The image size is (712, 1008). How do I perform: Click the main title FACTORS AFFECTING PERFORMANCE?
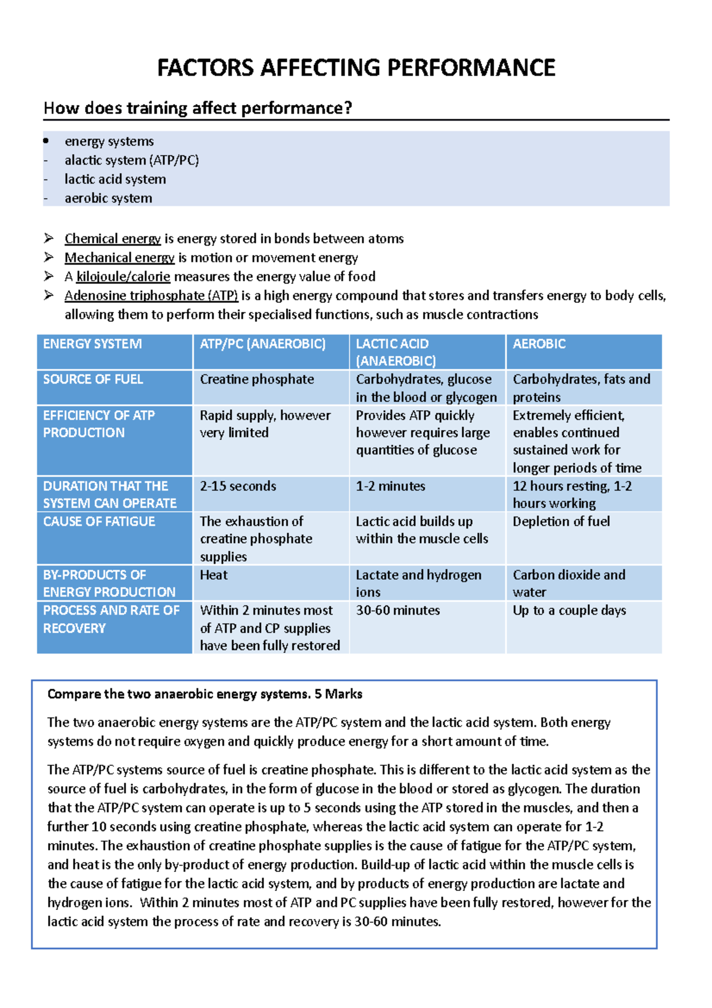tap(356, 68)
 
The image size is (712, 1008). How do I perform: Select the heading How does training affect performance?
tap(198, 108)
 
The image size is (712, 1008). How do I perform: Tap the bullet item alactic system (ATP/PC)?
tap(132, 160)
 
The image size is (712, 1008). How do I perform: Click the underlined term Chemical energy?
tap(113, 239)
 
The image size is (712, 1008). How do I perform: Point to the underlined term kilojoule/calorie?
tap(123, 277)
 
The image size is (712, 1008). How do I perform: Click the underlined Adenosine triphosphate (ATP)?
tap(151, 296)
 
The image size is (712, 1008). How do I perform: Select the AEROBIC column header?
tap(539, 344)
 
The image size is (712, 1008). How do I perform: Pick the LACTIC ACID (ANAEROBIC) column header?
tap(396, 352)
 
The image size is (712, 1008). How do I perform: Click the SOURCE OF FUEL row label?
tap(93, 379)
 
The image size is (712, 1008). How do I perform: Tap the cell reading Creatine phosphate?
tap(257, 379)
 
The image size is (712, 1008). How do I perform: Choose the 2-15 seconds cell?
tap(238, 486)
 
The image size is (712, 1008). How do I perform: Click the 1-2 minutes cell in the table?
tap(390, 486)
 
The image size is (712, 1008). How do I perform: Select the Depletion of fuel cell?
tap(561, 521)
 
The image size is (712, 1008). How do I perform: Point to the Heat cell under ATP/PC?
tap(214, 575)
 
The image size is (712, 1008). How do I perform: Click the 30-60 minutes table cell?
tap(398, 610)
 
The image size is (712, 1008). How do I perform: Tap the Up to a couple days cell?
tap(569, 610)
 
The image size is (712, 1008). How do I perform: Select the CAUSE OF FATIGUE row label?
tap(99, 521)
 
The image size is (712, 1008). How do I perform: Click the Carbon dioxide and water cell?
tap(568, 583)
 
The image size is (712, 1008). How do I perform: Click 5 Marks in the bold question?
tap(338, 694)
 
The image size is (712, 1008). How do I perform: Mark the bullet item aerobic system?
tap(109, 198)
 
